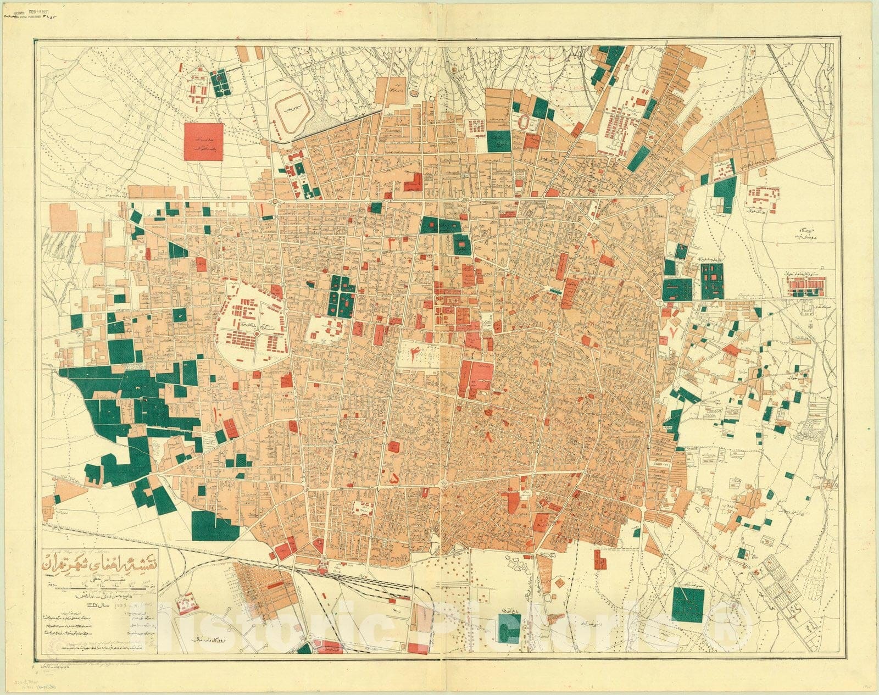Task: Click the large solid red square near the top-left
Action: tap(204, 142)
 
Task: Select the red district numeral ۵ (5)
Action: tap(394, 479)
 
